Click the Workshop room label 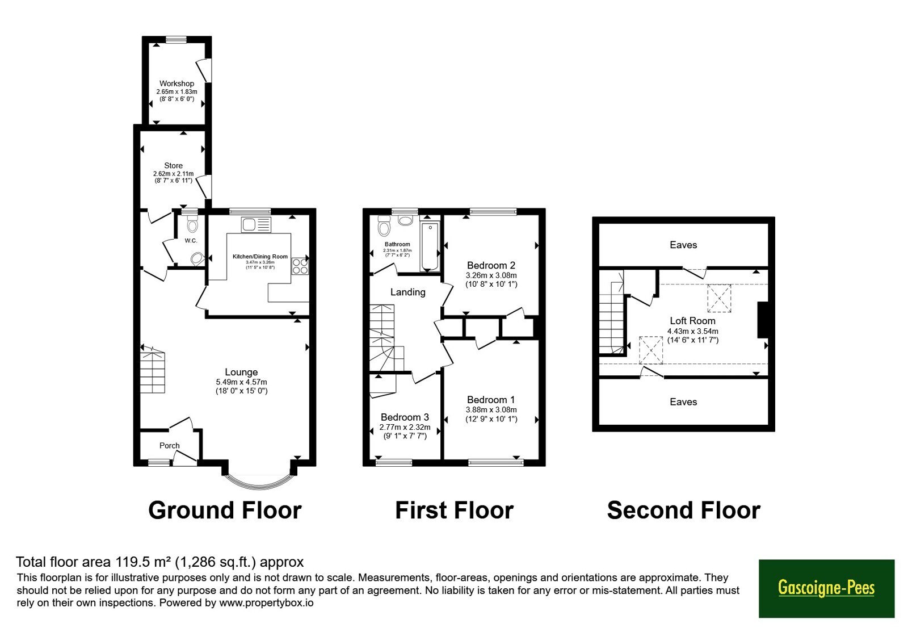click(x=176, y=83)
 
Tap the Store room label click(x=173, y=165)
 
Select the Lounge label click(x=241, y=372)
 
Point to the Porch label click(x=170, y=445)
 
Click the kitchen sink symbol click(x=256, y=225)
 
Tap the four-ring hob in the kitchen click(x=300, y=266)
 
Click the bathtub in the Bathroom click(x=430, y=246)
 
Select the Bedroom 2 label click(x=491, y=265)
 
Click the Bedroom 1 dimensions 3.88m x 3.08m click(x=491, y=409)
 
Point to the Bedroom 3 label click(x=405, y=417)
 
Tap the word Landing click(x=408, y=292)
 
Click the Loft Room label click(x=692, y=321)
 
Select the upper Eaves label click(x=683, y=245)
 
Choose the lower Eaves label click(x=683, y=402)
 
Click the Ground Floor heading click(x=225, y=511)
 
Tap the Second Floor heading click(x=684, y=511)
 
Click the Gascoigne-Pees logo click(x=826, y=588)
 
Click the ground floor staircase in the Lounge click(x=153, y=370)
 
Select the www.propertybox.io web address click(x=266, y=602)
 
